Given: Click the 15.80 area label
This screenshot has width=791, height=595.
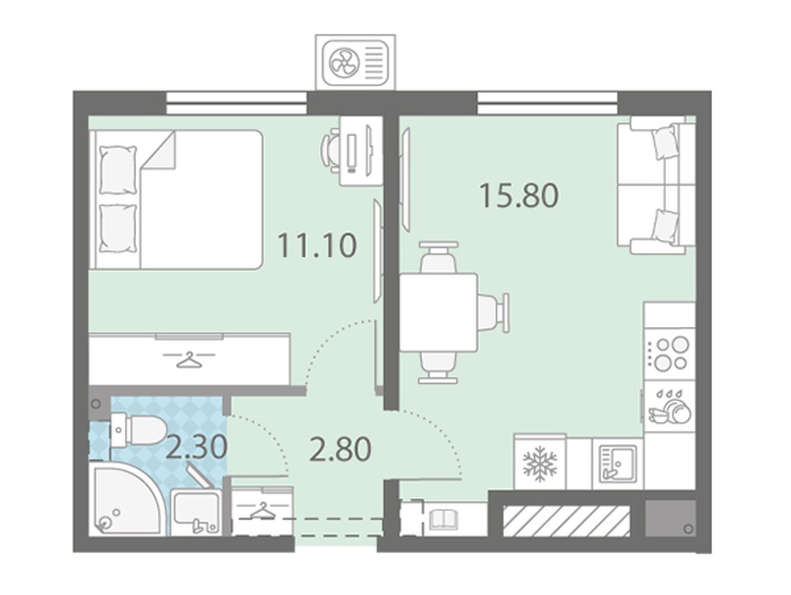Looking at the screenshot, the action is (519, 196).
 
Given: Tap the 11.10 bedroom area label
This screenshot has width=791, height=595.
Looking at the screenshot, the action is (317, 245).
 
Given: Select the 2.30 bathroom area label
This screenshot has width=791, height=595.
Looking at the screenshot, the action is (197, 447).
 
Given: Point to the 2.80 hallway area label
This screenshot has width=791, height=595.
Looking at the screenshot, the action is (340, 449).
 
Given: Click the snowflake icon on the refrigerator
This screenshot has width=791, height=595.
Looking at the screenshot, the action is (540, 464).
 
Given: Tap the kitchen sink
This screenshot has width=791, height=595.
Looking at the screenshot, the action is (618, 464).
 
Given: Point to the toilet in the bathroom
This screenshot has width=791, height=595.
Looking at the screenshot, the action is (138, 430).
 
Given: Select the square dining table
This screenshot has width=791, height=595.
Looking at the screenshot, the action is (439, 312).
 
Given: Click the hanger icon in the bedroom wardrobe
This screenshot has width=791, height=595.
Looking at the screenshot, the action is (189, 359).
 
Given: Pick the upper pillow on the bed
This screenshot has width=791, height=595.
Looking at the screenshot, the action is (118, 170).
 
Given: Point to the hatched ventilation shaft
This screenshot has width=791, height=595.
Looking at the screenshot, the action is (566, 521).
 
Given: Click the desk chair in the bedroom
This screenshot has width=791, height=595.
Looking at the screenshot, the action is (330, 151).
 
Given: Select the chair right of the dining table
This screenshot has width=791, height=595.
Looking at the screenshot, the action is (494, 312).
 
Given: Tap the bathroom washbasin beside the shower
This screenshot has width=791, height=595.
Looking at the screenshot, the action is (195, 511).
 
